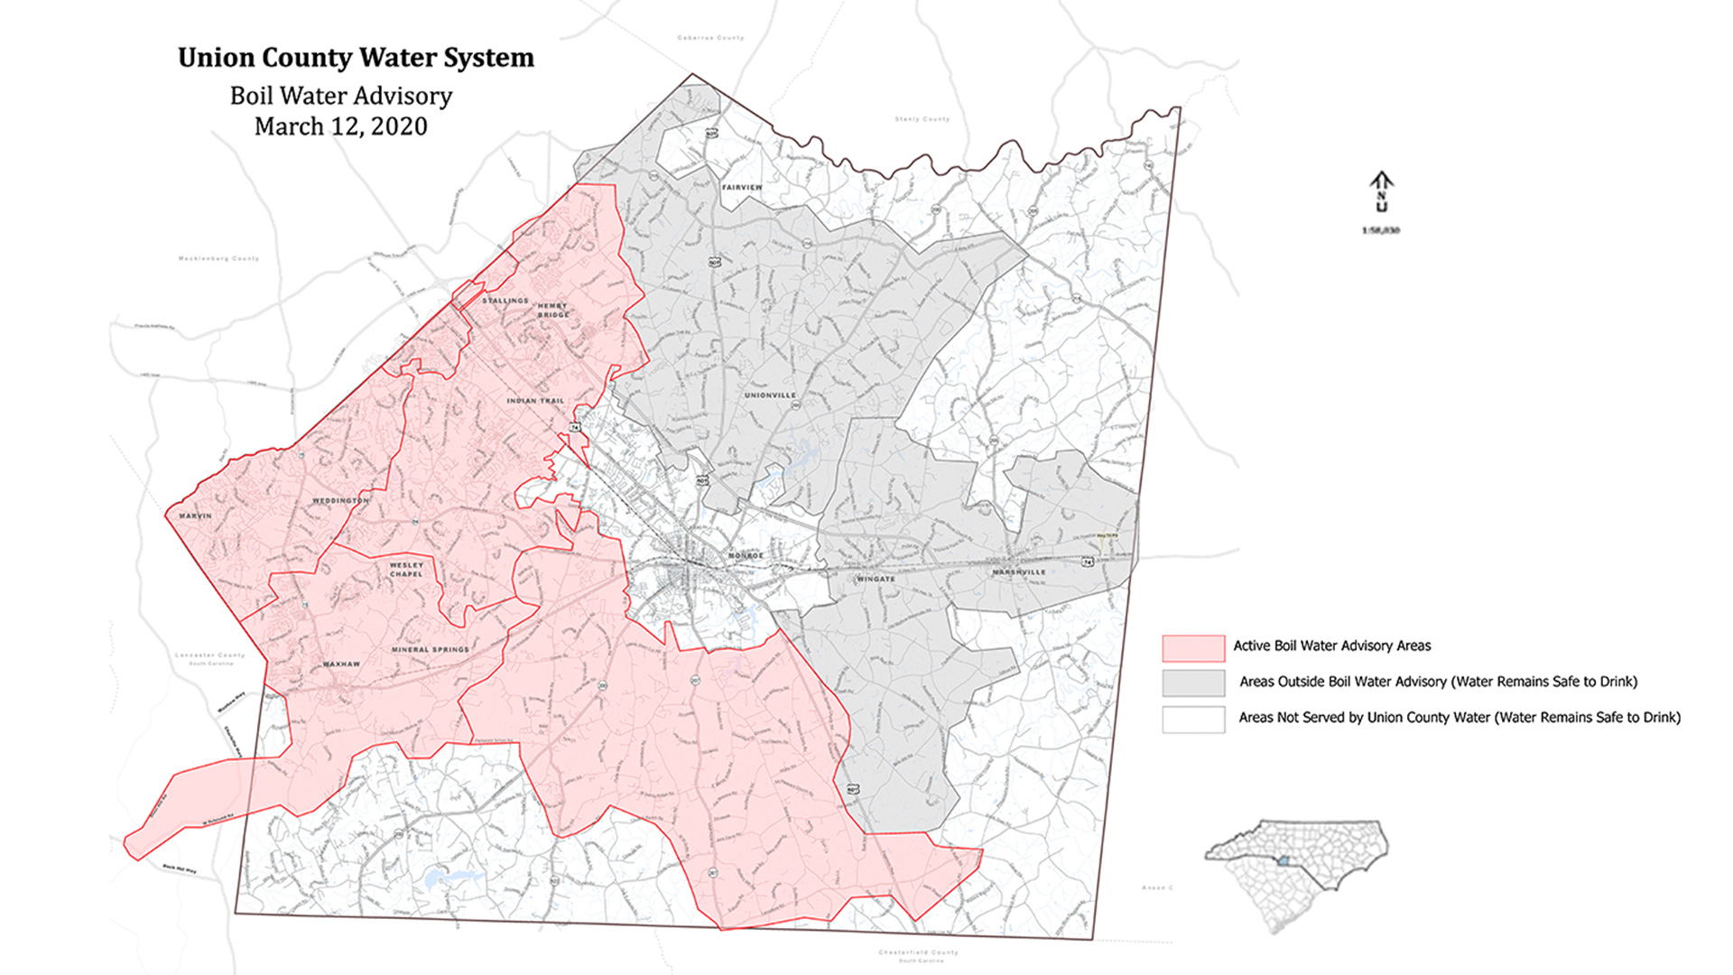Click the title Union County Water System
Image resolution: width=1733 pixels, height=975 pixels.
click(356, 58)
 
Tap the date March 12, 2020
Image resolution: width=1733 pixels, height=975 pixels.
click(340, 126)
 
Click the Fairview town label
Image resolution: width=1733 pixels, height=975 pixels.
click(742, 188)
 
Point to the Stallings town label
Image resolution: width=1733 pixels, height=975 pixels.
click(505, 301)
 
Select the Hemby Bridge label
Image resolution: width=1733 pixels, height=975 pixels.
click(553, 311)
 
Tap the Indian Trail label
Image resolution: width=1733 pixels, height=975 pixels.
click(535, 401)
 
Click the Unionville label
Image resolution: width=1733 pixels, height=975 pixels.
click(770, 395)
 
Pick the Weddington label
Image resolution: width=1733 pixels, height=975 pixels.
click(340, 500)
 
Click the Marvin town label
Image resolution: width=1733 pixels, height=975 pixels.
click(195, 515)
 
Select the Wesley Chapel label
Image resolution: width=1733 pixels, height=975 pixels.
click(406, 570)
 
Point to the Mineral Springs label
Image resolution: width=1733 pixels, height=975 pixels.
click(431, 649)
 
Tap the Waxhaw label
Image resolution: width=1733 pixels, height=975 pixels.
click(341, 664)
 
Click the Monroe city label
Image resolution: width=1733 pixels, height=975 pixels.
click(746, 555)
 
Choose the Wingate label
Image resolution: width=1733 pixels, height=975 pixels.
click(876, 579)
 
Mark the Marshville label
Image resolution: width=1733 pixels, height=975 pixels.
click(1019, 572)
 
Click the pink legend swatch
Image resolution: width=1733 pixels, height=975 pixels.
click(1193, 647)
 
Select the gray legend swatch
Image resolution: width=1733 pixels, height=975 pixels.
click(1193, 683)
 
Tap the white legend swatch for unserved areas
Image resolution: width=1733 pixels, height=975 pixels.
click(1193, 720)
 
